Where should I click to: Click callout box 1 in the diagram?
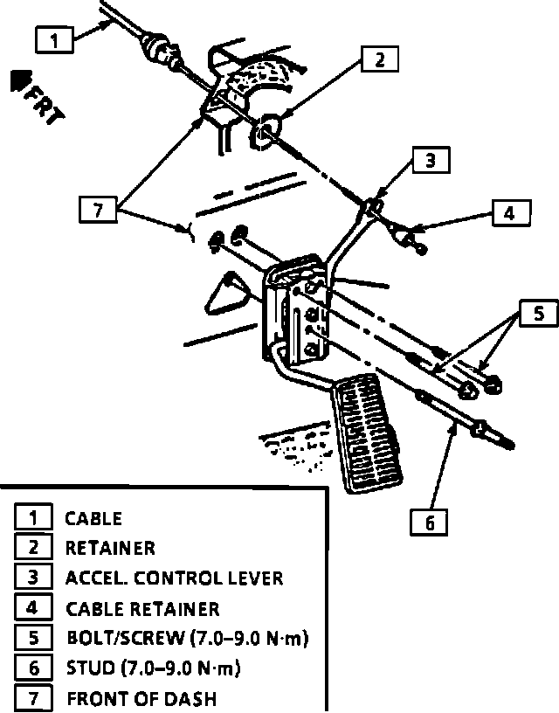tap(56, 40)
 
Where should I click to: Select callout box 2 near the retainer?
tap(379, 59)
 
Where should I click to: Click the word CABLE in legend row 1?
tap(93, 518)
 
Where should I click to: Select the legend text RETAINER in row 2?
tap(110, 549)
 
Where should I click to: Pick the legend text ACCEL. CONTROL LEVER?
tap(174, 578)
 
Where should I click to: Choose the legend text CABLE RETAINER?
tap(142, 608)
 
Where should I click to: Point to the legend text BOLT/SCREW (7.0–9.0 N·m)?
tap(187, 639)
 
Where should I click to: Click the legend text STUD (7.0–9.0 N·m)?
tap(153, 669)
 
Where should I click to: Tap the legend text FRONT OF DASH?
tap(141, 699)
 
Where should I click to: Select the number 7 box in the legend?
tap(32, 699)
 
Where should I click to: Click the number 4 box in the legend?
tap(32, 608)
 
